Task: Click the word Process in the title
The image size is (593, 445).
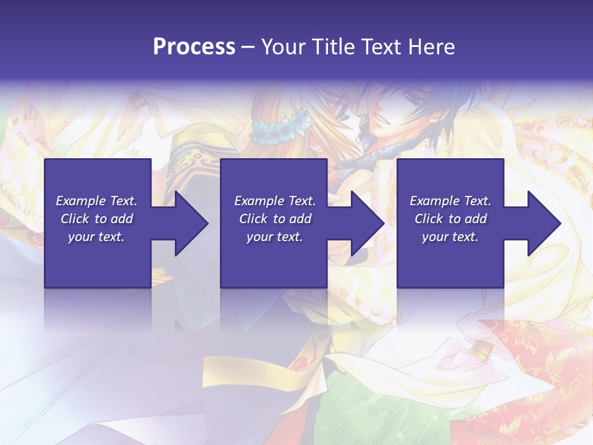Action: pyautogui.click(x=194, y=47)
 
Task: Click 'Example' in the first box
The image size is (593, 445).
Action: pyautogui.click(x=81, y=201)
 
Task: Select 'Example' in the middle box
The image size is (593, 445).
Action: pyautogui.click(x=259, y=201)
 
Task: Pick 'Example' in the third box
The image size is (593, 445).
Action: pyautogui.click(x=435, y=201)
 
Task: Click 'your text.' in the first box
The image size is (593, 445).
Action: pyautogui.click(x=96, y=237)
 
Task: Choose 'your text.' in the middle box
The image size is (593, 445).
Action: pyautogui.click(x=274, y=237)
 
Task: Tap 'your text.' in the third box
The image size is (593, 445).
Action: pyautogui.click(x=450, y=237)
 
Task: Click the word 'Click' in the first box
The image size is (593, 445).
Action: pyautogui.click(x=75, y=219)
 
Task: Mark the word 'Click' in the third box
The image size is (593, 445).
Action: pyautogui.click(x=429, y=219)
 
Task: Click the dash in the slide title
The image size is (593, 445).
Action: pyautogui.click(x=248, y=47)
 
